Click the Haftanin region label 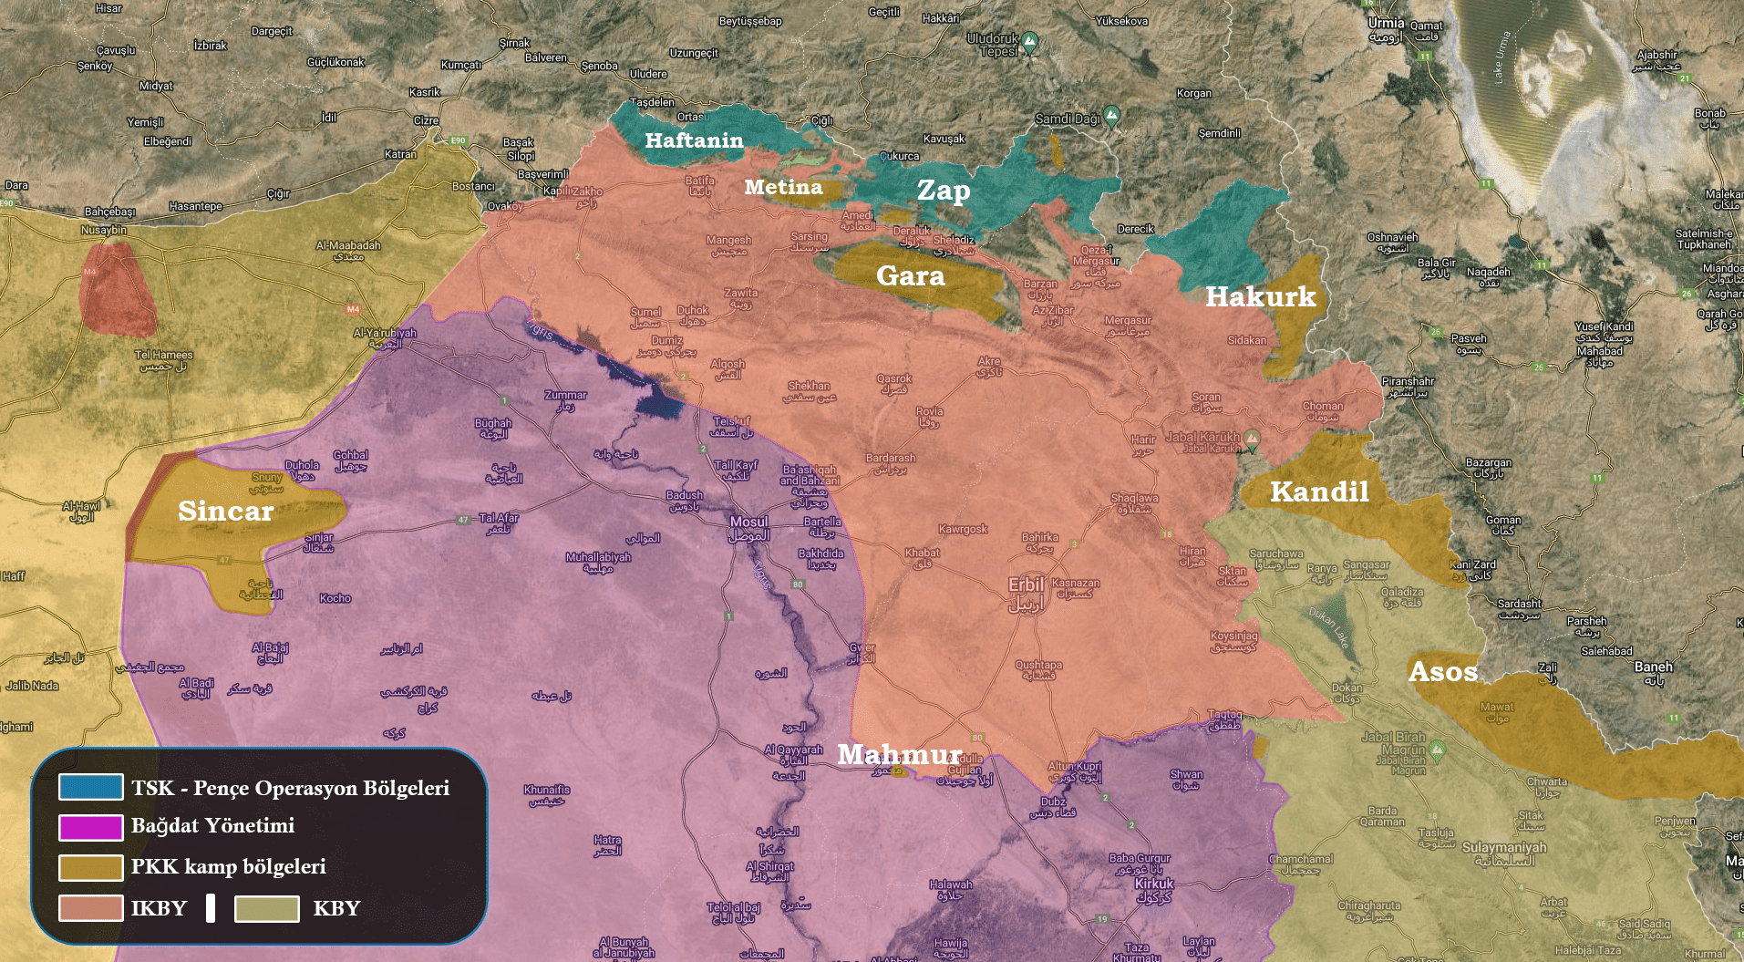coord(694,140)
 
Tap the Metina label coord(783,187)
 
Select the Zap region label coord(944,190)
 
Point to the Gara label coord(910,275)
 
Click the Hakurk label coord(1260,296)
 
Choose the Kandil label coord(1319,492)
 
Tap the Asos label coord(1442,672)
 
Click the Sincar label coord(225,511)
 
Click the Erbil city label coord(1026,584)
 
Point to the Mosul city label coord(748,522)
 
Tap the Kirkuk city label coord(1154,884)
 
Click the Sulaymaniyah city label coord(1504,847)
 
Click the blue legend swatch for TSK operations coord(90,787)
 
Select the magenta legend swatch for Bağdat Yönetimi coord(90,827)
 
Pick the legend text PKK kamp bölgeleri coord(228,866)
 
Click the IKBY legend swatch coord(90,908)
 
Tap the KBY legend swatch coord(266,908)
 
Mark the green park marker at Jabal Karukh coord(1253,438)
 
